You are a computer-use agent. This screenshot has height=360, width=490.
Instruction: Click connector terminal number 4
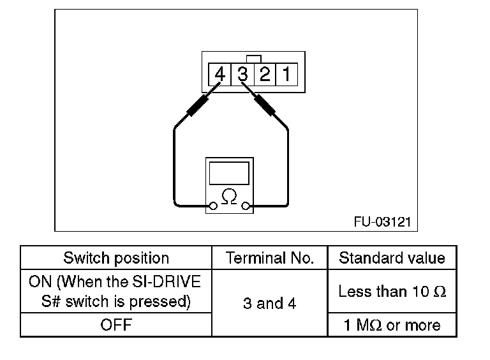[x=220, y=75]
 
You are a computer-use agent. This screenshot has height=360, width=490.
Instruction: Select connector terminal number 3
[x=242, y=75]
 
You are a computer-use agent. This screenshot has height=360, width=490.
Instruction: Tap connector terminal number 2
[x=264, y=75]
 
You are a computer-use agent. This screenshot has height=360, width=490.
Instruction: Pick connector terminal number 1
[x=286, y=75]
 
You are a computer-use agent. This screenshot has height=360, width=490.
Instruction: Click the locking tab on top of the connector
[x=253, y=59]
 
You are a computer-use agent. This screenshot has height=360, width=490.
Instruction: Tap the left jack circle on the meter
[x=214, y=206]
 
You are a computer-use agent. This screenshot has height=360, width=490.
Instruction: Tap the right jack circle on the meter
[x=244, y=206]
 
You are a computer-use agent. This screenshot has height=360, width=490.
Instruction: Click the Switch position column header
[x=116, y=259]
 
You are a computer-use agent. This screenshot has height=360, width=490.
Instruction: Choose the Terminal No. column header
[x=270, y=259]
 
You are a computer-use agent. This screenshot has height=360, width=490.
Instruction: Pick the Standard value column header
[x=392, y=259]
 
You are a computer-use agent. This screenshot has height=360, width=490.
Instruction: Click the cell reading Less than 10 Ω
[x=392, y=292]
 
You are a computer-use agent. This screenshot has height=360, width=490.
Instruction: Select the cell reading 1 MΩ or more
[x=392, y=326]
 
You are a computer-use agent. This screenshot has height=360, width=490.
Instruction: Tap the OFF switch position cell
[x=116, y=326]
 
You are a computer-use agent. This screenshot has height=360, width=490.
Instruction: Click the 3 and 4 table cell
[x=270, y=303]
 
